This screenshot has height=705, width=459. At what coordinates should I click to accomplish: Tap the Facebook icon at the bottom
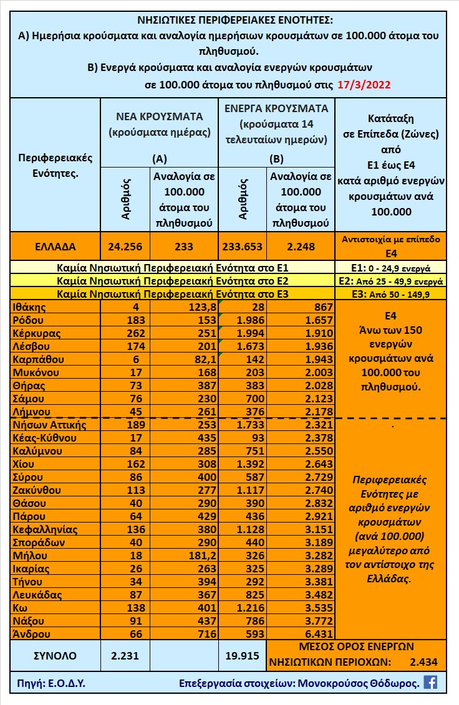[430, 682]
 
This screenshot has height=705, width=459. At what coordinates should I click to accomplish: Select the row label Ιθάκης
[29, 307]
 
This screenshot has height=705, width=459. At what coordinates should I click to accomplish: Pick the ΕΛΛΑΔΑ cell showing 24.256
[125, 247]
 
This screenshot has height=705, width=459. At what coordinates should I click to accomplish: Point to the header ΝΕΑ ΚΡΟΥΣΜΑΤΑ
[159, 116]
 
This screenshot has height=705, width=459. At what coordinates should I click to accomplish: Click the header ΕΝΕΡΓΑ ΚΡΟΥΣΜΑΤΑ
[277, 108]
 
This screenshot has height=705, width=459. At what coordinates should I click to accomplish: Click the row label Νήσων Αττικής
[49, 425]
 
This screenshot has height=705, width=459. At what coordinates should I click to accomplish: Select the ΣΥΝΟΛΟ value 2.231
[125, 655]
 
